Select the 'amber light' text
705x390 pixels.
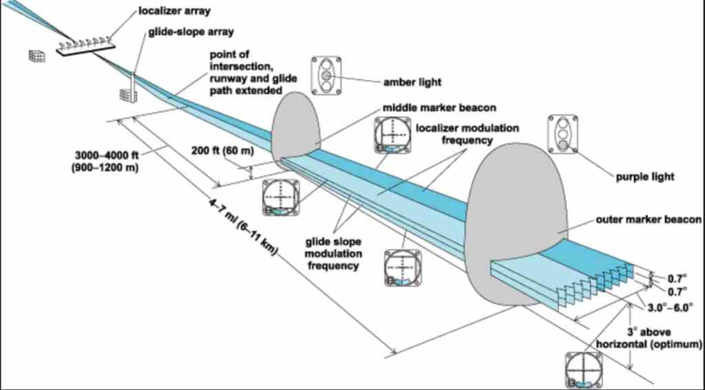point(412,82)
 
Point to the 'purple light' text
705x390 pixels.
point(644,177)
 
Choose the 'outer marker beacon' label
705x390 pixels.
point(649,221)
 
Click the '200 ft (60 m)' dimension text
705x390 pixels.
point(220,149)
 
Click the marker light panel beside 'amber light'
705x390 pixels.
point(326,75)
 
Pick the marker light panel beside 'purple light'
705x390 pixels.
point(562,133)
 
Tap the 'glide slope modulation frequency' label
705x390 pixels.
point(333,252)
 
